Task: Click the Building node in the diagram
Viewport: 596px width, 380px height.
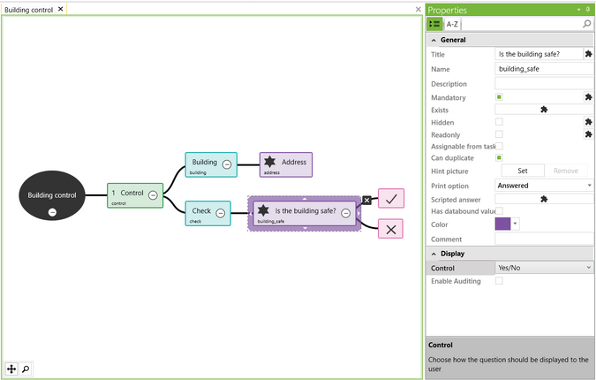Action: click(204, 163)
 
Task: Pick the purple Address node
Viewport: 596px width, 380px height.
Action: click(285, 163)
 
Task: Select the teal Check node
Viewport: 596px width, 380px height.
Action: click(201, 212)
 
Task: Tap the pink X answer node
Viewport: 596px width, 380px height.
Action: click(390, 228)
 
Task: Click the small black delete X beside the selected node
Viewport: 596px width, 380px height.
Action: click(367, 201)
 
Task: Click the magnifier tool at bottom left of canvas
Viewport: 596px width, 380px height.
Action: click(26, 369)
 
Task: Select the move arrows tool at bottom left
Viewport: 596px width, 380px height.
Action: click(11, 369)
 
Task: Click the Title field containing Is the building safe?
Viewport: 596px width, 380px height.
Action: click(538, 55)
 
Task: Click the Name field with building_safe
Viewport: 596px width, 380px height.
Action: click(542, 69)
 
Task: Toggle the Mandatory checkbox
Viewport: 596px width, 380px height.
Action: click(499, 97)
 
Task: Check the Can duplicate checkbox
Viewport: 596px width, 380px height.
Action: click(499, 157)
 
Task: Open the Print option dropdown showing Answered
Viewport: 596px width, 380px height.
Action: click(543, 186)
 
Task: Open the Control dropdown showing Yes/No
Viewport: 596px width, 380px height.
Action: click(543, 267)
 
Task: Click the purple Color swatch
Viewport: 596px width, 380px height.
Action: click(502, 224)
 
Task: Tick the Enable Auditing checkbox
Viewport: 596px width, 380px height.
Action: click(499, 281)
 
